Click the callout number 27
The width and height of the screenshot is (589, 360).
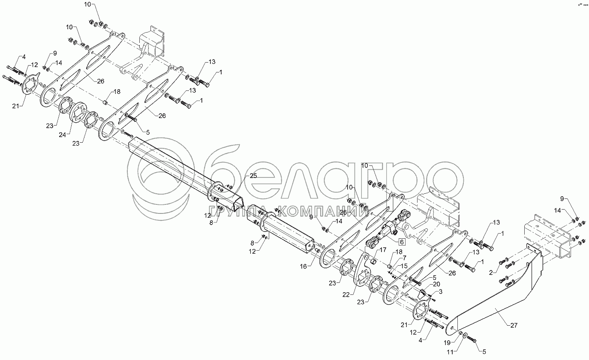(x=514, y=325)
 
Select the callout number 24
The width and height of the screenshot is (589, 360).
(x=63, y=134)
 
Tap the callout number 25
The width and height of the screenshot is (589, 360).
(x=253, y=176)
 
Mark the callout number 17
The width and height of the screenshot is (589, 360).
(x=383, y=249)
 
